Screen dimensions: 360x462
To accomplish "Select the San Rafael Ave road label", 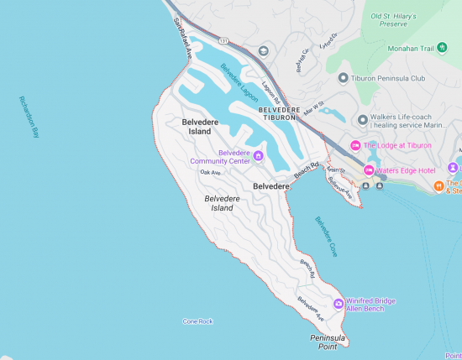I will [183, 38].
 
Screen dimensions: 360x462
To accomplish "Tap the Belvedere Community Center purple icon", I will [259, 155].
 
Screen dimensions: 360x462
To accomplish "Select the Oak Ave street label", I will [210, 172].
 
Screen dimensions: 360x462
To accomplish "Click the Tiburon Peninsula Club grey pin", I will [343, 78].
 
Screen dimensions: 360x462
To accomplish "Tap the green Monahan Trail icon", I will [379, 48].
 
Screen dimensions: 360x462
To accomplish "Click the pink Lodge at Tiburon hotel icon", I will [355, 145].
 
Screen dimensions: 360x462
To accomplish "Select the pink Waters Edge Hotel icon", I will [368, 170].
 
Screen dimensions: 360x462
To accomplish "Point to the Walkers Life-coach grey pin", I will [362, 120].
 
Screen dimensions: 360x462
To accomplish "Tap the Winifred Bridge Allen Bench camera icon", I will [339, 303].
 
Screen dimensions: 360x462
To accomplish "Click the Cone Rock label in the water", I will [197, 321].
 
